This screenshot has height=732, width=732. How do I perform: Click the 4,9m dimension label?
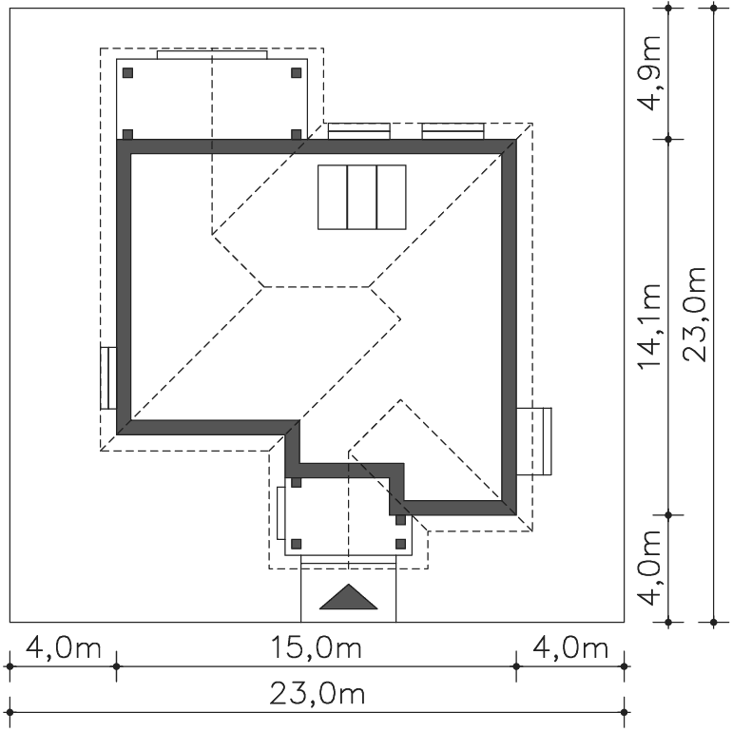point(650,73)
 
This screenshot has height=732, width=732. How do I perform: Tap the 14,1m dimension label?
point(650,327)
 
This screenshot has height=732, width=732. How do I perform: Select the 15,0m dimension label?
point(316,648)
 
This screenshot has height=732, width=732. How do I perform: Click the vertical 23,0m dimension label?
point(694,314)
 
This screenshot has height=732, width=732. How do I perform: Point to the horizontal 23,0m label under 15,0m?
point(317,694)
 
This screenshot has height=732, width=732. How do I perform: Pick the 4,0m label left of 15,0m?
point(63,648)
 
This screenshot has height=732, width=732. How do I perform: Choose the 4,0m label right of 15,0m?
point(570,648)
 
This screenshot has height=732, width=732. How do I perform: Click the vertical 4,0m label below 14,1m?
point(650,568)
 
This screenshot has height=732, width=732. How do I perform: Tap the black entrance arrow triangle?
point(348,597)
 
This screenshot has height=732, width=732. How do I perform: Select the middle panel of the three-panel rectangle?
point(362,197)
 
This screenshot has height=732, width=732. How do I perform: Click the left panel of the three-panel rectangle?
point(333,197)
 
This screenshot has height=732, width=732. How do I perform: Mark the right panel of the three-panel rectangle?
point(392,197)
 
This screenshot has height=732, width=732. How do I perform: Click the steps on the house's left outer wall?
point(108,378)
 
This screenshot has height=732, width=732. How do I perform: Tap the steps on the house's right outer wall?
point(534,441)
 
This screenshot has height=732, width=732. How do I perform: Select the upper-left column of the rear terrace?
point(128,73)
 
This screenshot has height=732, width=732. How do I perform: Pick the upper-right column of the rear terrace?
point(296,73)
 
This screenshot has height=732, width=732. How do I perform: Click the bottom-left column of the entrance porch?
point(296,544)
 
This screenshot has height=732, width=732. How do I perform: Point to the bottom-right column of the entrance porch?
point(400,544)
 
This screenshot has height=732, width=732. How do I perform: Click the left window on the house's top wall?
point(359,131)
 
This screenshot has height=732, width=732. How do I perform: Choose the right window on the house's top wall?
point(453,131)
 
